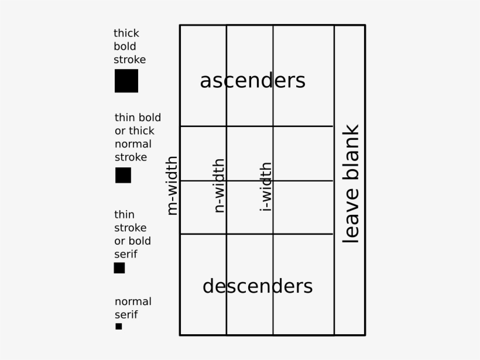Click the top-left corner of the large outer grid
tap(180, 25)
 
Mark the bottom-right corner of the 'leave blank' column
tap(365, 335)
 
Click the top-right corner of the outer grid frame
tap(365, 25)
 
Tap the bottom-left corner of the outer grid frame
tap(180, 335)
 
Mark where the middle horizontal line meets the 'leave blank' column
tap(334, 181)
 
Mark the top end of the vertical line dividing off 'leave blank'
tap(334, 25)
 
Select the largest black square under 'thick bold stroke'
tap(126, 81)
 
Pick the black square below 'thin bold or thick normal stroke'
tap(123, 175)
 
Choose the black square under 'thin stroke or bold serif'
tap(119, 268)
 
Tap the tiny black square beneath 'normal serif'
tap(119, 326)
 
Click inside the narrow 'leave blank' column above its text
tap(350, 74)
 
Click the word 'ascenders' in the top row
tap(252, 81)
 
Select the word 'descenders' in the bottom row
tap(258, 286)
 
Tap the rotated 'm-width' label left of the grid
tap(172, 186)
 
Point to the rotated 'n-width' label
tap(219, 186)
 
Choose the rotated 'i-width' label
tap(266, 187)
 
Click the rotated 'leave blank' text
tap(351, 184)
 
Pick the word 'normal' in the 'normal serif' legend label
tap(133, 301)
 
